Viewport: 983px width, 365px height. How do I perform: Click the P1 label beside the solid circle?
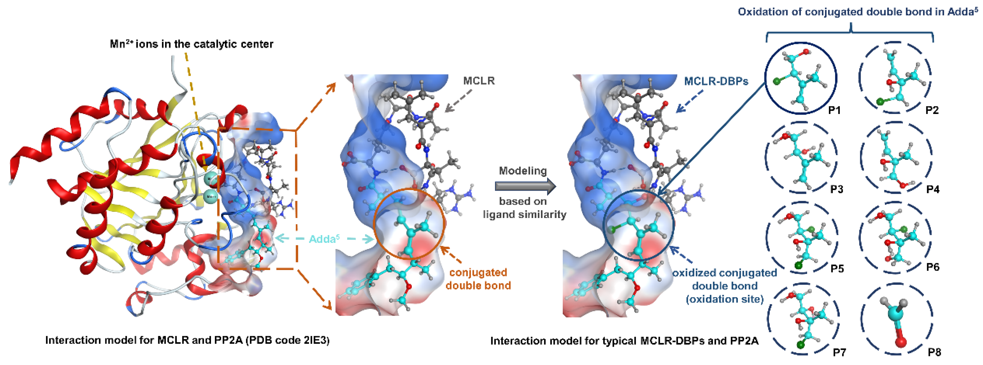point(834,110)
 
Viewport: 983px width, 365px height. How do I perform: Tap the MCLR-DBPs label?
point(716,81)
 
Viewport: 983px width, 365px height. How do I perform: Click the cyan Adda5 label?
point(324,239)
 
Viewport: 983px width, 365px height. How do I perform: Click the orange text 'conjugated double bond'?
point(478,279)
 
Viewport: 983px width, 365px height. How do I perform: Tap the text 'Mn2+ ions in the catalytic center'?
point(192,44)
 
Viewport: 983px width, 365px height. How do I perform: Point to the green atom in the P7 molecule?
point(800,345)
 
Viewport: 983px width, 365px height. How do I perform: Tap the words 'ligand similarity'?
point(524,215)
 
